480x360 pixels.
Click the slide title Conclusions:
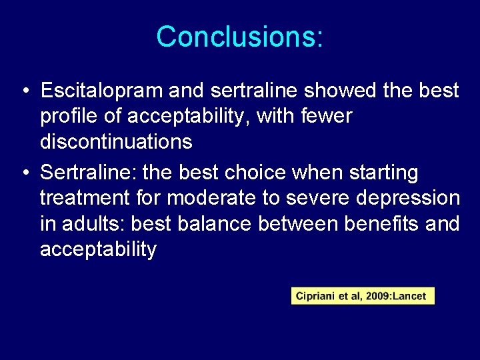(x=240, y=37)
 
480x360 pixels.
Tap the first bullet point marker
(x=24, y=90)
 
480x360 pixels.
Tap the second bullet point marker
(x=24, y=173)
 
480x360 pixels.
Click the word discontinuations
(x=116, y=142)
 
